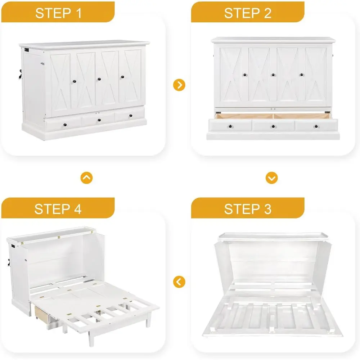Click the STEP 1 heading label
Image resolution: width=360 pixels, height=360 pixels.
(58, 13)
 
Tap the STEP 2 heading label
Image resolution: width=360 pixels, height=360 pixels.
(248, 13)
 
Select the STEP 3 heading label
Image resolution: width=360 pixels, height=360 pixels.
(248, 209)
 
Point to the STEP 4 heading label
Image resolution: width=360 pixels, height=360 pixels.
(58, 209)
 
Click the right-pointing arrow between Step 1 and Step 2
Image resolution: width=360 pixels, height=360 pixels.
(179, 85)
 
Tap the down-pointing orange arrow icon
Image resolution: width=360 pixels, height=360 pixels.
(271, 178)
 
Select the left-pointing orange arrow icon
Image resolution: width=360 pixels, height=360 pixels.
(179, 282)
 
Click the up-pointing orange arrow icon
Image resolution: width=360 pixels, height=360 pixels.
(86, 178)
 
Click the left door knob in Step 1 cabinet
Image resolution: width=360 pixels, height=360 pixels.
(75, 81)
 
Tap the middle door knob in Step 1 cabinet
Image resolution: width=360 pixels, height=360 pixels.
(99, 79)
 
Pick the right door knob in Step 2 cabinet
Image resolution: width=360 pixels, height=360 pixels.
(301, 75)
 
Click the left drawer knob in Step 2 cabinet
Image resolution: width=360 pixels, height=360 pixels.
(230, 126)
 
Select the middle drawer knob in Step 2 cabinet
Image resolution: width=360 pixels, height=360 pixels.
(273, 126)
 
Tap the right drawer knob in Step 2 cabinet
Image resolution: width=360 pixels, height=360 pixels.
(316, 126)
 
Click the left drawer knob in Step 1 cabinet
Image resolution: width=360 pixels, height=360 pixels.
(65, 125)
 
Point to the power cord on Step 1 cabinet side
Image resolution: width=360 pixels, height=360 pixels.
(21, 75)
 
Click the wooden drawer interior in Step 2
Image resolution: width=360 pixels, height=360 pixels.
(273, 116)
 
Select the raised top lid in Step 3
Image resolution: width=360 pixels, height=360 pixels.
(273, 237)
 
